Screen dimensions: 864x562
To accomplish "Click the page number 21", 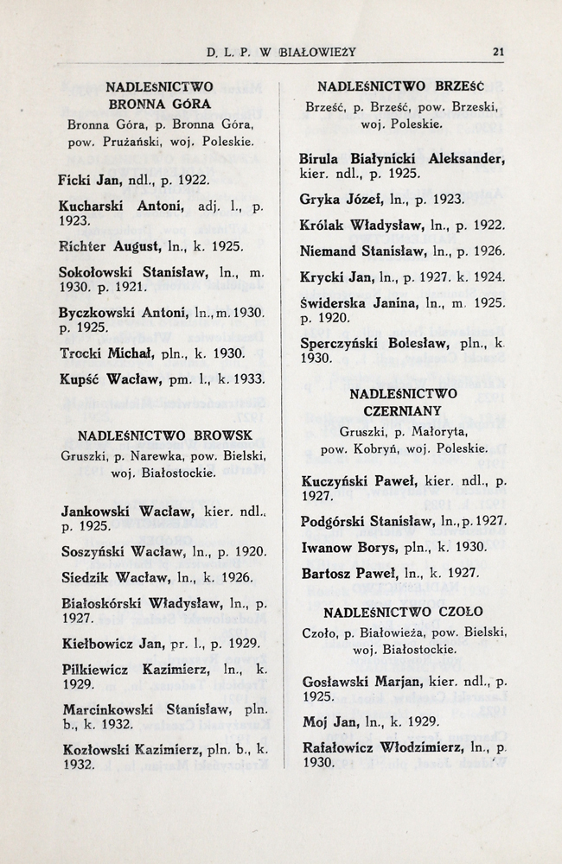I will tap(497, 52).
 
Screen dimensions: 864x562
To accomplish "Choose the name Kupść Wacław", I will tap(106, 378).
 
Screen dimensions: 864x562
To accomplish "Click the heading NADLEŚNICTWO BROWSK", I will tap(165, 435).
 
